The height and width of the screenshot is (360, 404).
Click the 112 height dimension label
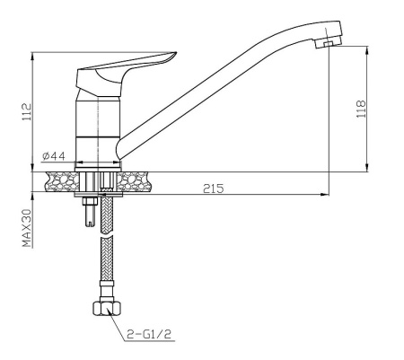coord(26,112)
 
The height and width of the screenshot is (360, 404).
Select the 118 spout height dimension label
coord(361,109)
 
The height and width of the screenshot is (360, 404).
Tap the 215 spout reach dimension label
coord(214,189)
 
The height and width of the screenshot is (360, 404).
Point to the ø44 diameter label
coord(54,156)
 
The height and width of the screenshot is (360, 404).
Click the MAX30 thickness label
coord(27,228)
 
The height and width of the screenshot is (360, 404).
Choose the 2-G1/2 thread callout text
coord(149,334)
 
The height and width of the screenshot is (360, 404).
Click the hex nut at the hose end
coord(107,308)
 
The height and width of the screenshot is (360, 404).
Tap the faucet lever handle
coord(126,75)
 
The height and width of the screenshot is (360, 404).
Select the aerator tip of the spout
coord(329,43)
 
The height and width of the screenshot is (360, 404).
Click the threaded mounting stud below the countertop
coord(90,212)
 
